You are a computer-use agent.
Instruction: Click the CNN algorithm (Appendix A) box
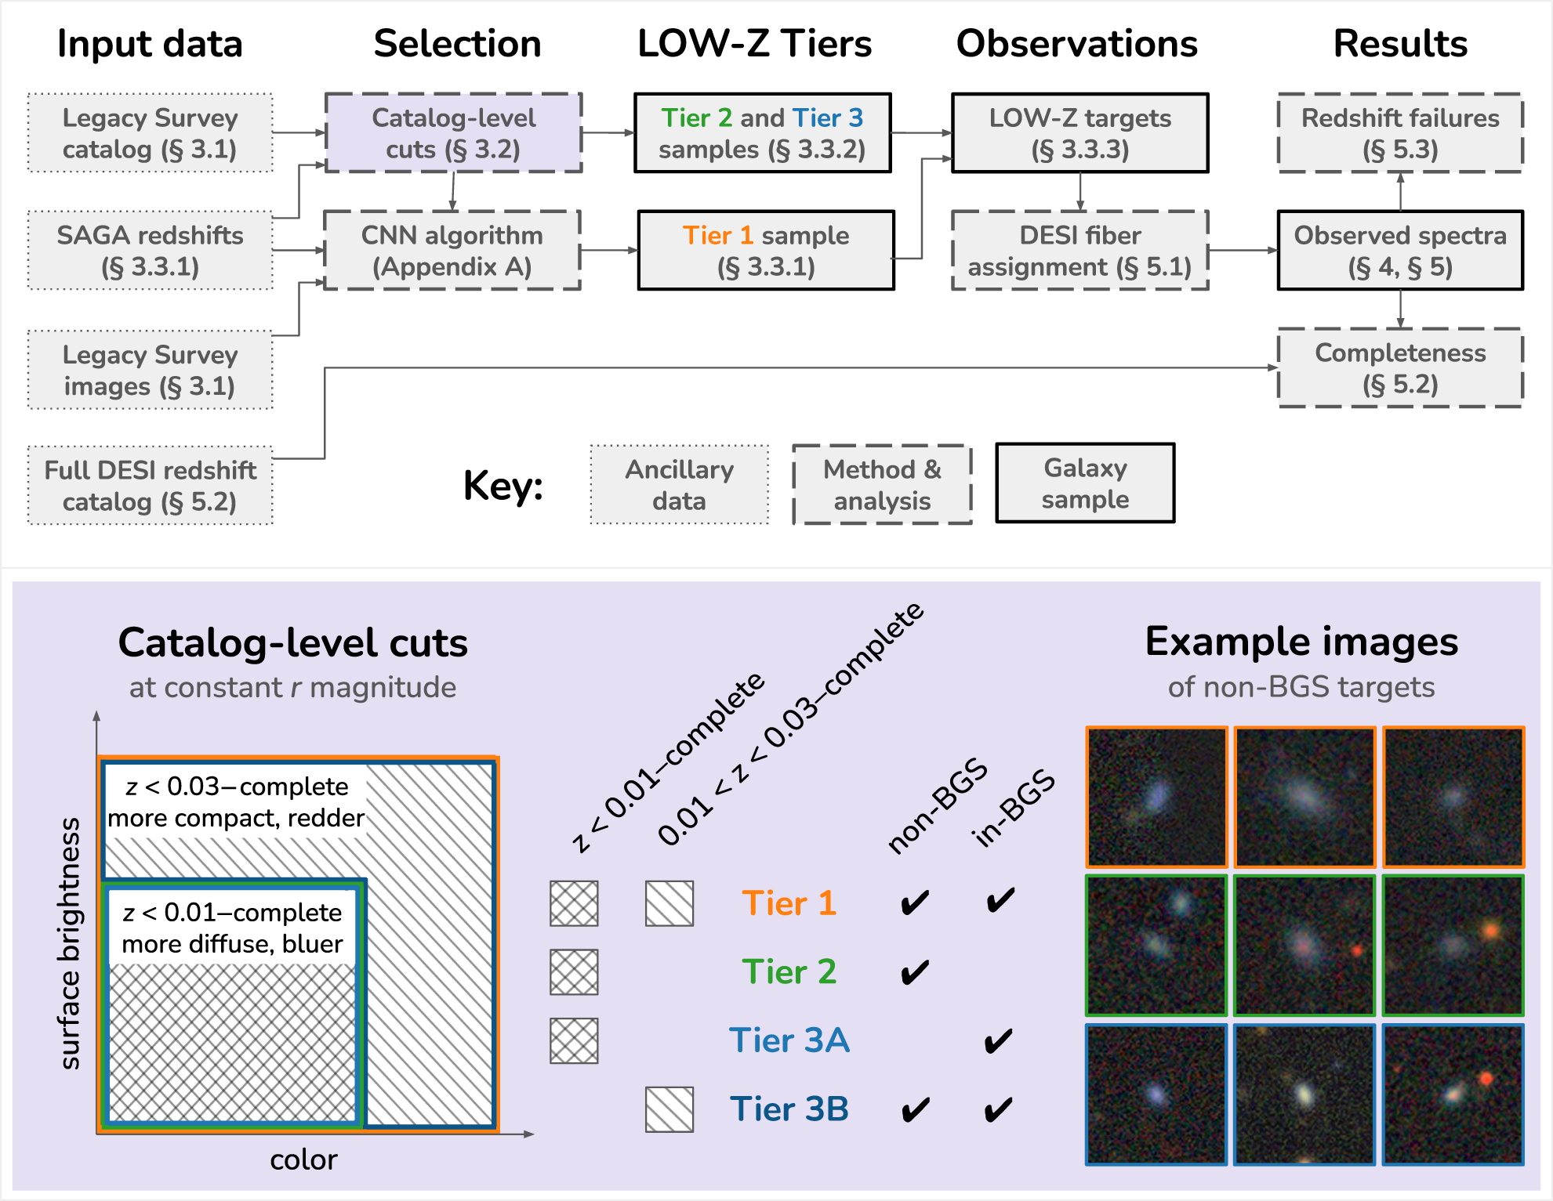pos(452,251)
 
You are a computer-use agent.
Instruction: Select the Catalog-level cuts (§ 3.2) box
pos(453,133)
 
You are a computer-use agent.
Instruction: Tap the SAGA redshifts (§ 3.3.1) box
pos(150,251)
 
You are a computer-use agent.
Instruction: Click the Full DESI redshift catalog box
pos(150,486)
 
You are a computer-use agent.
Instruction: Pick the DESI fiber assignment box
pos(1079,251)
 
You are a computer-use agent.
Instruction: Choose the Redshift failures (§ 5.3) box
pos(1400,133)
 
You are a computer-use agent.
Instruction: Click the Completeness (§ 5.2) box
pos(1400,368)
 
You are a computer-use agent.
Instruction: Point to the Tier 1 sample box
pos(766,251)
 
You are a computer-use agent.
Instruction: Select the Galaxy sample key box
pos(1085,483)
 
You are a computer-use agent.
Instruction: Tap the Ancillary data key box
pos(679,485)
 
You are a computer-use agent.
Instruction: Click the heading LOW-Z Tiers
pos(754,44)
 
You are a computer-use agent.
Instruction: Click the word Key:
pos(503,486)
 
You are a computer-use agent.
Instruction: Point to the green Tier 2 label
pos(789,972)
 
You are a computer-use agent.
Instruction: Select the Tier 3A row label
pos(789,1040)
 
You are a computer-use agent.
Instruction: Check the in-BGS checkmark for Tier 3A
pos(998,1041)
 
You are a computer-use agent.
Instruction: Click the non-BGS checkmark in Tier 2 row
pos(914,972)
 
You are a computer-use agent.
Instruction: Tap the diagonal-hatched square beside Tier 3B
pos(669,1109)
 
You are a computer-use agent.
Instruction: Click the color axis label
pos(303,1159)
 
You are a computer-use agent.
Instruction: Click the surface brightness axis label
pos(71,943)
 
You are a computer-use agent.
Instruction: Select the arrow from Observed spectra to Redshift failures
pos(1400,191)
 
